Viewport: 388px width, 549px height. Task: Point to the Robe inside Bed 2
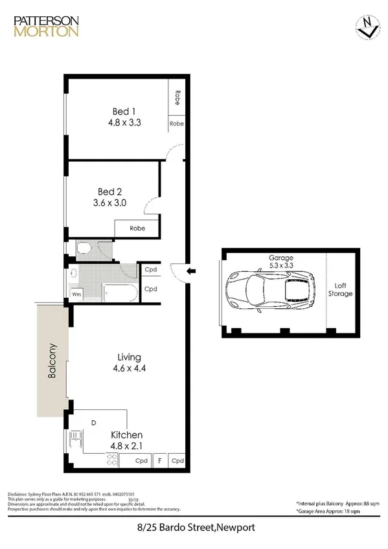click(x=137, y=229)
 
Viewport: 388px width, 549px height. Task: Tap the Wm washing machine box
click(x=76, y=294)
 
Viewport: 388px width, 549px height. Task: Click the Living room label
click(x=129, y=357)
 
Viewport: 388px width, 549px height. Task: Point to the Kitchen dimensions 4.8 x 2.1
click(x=126, y=445)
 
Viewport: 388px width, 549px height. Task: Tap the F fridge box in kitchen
click(x=159, y=461)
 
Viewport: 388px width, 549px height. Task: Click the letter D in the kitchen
click(x=93, y=423)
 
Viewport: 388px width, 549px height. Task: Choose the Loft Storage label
click(x=343, y=289)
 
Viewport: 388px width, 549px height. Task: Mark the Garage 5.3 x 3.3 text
click(x=281, y=261)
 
